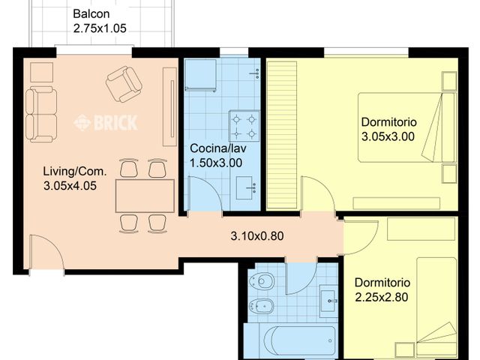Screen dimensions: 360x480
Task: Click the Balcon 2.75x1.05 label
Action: pos(100,22)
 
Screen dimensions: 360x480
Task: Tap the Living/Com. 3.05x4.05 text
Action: pos(75,178)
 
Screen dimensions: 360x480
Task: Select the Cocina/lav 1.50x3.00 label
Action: pos(216,154)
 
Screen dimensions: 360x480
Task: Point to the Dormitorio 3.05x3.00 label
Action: pos(388,130)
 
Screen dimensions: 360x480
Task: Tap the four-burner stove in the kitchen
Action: pos(244,126)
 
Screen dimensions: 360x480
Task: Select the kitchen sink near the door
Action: pos(245,187)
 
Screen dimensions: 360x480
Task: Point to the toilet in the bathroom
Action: pos(263,281)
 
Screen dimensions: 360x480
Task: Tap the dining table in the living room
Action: pos(144,196)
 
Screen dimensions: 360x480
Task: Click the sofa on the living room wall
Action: pos(40,113)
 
